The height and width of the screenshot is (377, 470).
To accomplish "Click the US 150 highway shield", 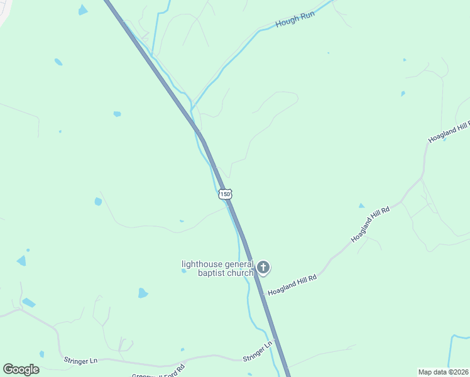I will coord(226,194).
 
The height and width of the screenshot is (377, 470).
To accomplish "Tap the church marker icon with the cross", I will coord(263,268).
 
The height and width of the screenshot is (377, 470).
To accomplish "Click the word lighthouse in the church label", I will coord(202,265).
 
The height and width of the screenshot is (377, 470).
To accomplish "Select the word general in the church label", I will coord(238,265).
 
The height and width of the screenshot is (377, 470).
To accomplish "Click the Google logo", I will coord(21,369).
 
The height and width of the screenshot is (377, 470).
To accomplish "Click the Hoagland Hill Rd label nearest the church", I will coord(292,285).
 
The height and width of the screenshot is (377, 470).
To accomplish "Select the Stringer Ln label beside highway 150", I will coord(258,351).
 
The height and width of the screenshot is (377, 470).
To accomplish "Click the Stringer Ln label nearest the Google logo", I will coord(80,361).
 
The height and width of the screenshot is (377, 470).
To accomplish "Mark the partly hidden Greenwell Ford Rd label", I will coord(158,372).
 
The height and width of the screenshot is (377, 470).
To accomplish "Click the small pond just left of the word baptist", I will coord(183,271).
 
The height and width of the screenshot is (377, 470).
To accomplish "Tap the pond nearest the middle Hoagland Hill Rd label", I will coord(361,205).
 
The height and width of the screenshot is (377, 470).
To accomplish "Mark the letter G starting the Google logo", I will coord(9,369).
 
